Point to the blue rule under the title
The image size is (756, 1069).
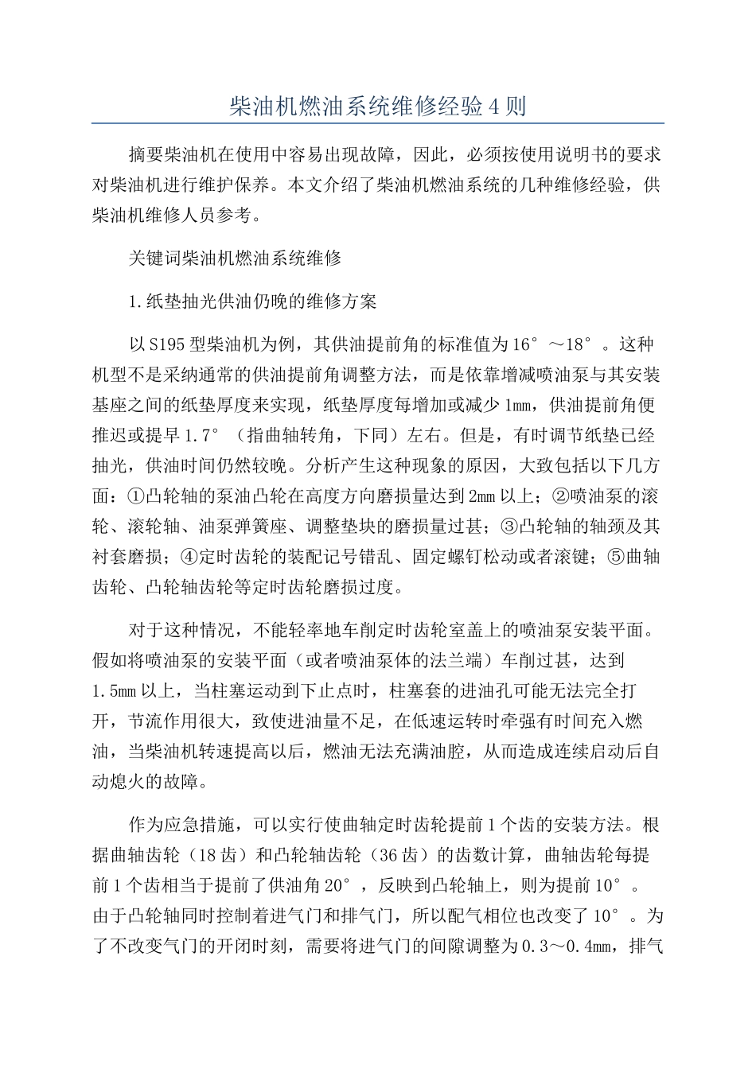(377, 123)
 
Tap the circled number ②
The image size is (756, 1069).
(559, 496)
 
